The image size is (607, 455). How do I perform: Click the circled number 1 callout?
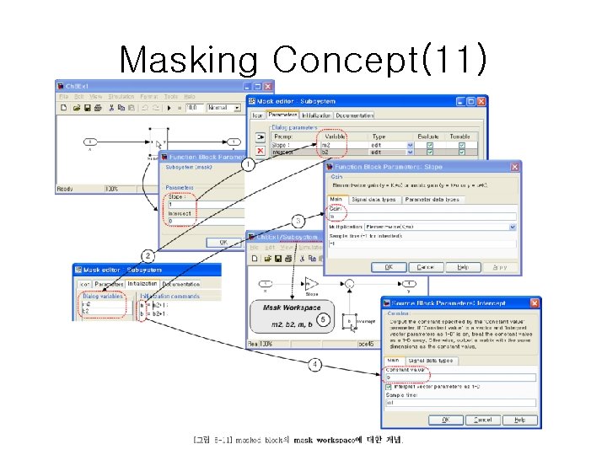point(247,166)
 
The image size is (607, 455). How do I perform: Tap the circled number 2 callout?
point(148,254)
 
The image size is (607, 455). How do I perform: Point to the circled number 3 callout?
point(298,222)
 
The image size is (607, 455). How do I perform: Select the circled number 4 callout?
point(314,364)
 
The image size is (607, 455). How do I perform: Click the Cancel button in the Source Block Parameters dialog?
point(482,419)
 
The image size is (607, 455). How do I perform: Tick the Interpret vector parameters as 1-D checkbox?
point(390,388)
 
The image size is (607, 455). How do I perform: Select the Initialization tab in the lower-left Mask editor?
point(142,285)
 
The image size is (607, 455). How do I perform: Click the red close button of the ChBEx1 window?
point(268,85)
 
